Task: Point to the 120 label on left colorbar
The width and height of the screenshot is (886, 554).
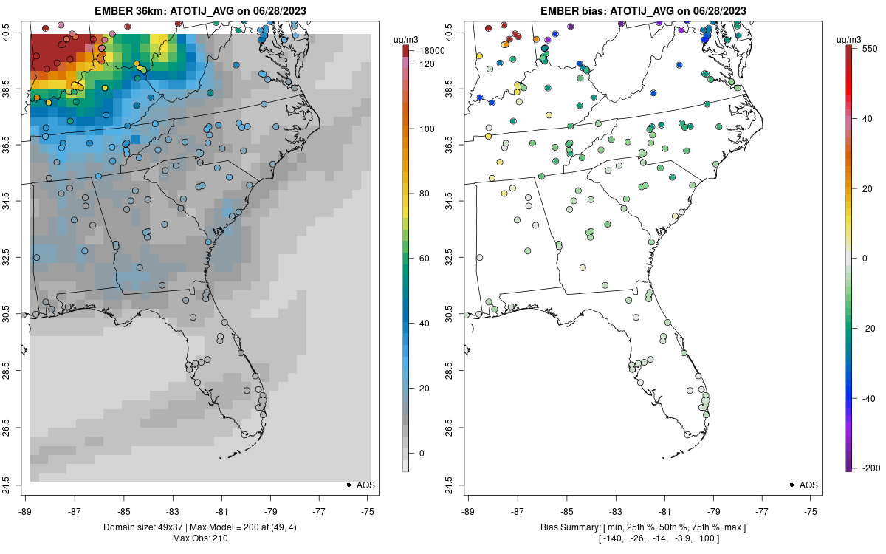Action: (427, 64)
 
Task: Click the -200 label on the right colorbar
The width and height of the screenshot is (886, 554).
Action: (871, 468)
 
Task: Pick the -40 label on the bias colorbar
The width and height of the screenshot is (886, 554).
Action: (868, 398)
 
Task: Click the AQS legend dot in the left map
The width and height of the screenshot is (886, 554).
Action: (348, 485)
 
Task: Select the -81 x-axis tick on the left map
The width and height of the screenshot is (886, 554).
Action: (221, 510)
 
